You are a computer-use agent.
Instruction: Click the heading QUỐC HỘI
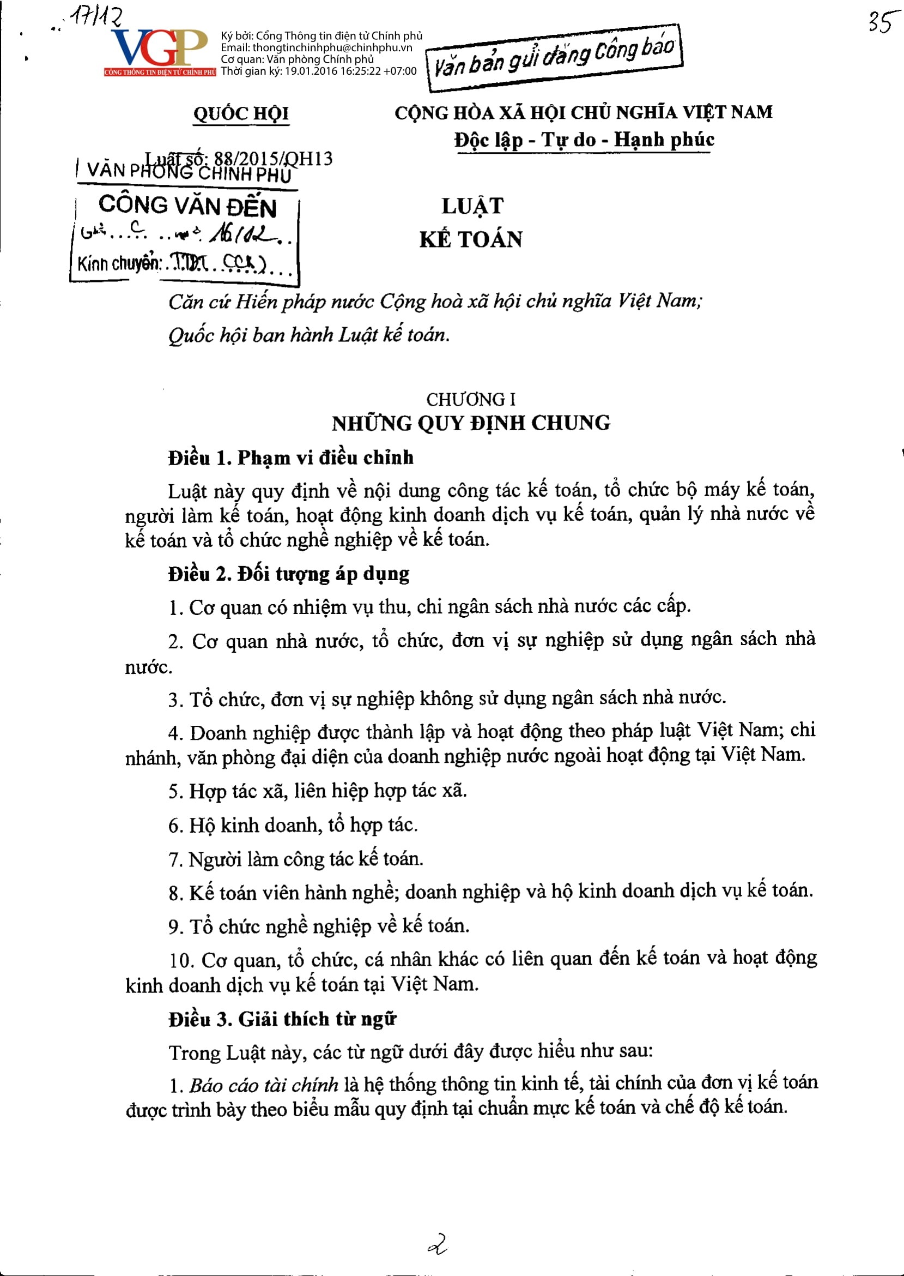(x=241, y=113)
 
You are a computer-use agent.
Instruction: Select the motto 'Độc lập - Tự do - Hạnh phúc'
(x=584, y=139)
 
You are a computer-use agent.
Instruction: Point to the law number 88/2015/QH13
(x=274, y=159)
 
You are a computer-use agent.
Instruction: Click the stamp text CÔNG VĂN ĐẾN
(x=187, y=206)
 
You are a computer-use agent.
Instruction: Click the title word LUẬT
(x=472, y=206)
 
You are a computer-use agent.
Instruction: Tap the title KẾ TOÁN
(x=471, y=239)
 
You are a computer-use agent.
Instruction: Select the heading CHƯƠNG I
(x=471, y=399)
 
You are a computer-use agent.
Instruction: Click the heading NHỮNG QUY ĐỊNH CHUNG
(x=471, y=423)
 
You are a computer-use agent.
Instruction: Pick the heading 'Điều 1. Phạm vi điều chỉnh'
(x=291, y=458)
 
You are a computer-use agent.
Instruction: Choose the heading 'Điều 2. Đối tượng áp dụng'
(x=289, y=574)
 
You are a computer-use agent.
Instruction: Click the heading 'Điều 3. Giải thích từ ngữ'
(x=282, y=1019)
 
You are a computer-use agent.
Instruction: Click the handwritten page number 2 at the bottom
(x=438, y=1243)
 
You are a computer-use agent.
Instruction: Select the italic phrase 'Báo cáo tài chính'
(x=263, y=1085)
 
